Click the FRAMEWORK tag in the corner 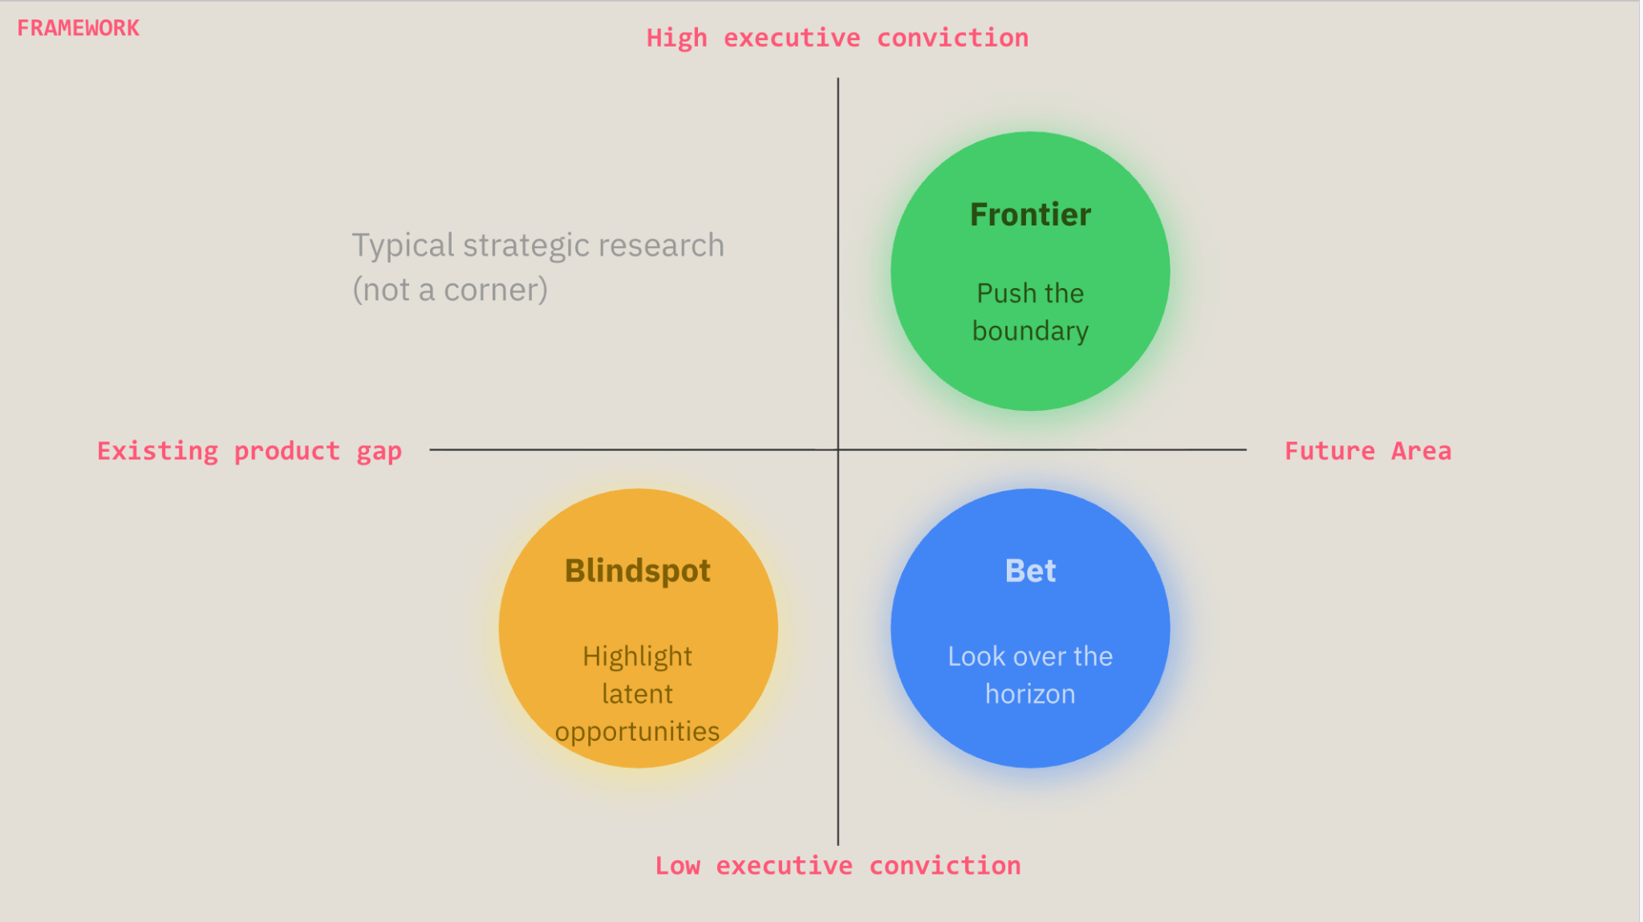point(78,28)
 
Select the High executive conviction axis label point(838,39)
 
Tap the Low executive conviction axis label point(838,866)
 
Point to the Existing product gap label point(249,452)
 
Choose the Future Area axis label point(1368,451)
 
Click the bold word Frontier point(1030,215)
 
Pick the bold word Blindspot point(638,571)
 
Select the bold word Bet point(1030,571)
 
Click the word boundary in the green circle point(1030,331)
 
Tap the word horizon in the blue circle point(1030,694)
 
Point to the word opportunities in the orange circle point(637,732)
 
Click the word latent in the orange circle point(637,694)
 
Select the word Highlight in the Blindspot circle point(637,657)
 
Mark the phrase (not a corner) point(450,290)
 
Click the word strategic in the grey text point(526,246)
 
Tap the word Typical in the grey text point(403,246)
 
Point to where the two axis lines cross point(838,449)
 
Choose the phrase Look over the point(1030,656)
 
